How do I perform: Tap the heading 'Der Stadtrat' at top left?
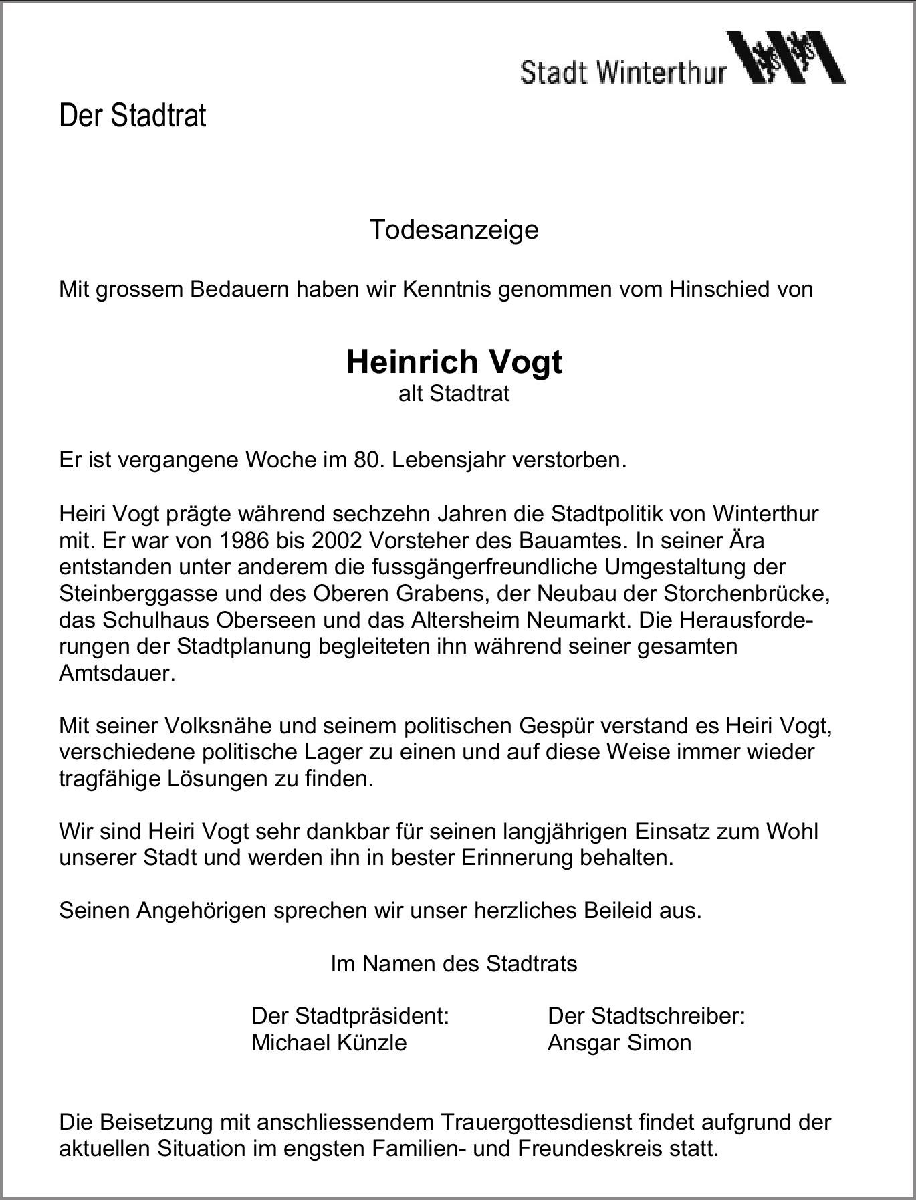click(x=132, y=116)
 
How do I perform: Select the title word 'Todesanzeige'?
click(x=454, y=230)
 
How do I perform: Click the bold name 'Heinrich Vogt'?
click(x=454, y=362)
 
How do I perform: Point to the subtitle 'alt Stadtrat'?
click(x=454, y=393)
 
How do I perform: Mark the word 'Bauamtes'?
click(x=578, y=540)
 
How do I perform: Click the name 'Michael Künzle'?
click(x=329, y=1043)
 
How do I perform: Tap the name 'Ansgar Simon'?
click(x=619, y=1043)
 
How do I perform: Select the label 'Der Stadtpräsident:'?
click(x=350, y=1016)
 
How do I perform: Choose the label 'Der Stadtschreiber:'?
click(x=646, y=1016)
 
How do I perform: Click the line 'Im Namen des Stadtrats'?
click(x=454, y=963)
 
